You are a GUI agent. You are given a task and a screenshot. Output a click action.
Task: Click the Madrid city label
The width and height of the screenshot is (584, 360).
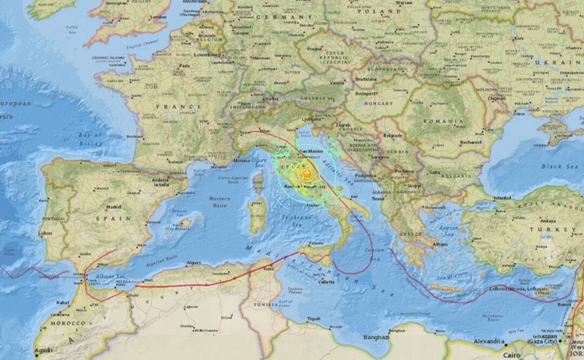pos(113,206)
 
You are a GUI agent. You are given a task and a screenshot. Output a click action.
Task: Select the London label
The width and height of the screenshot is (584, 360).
pos(158,17)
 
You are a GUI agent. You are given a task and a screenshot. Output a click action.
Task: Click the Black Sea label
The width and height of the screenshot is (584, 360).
pos(544,166)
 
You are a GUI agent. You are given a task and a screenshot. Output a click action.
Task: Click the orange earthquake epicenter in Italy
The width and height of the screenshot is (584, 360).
pos(306,174)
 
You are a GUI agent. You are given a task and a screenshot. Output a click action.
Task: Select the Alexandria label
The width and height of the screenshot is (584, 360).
pos(488,342)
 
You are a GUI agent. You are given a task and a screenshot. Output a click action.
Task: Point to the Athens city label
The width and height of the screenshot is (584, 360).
pos(440,244)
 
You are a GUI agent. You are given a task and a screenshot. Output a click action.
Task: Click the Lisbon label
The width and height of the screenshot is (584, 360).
pos(45,233)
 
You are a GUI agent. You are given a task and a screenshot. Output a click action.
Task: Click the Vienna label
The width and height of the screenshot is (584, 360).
pos(337,83)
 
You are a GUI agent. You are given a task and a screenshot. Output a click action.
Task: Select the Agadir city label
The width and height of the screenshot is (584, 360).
pos(44,350)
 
